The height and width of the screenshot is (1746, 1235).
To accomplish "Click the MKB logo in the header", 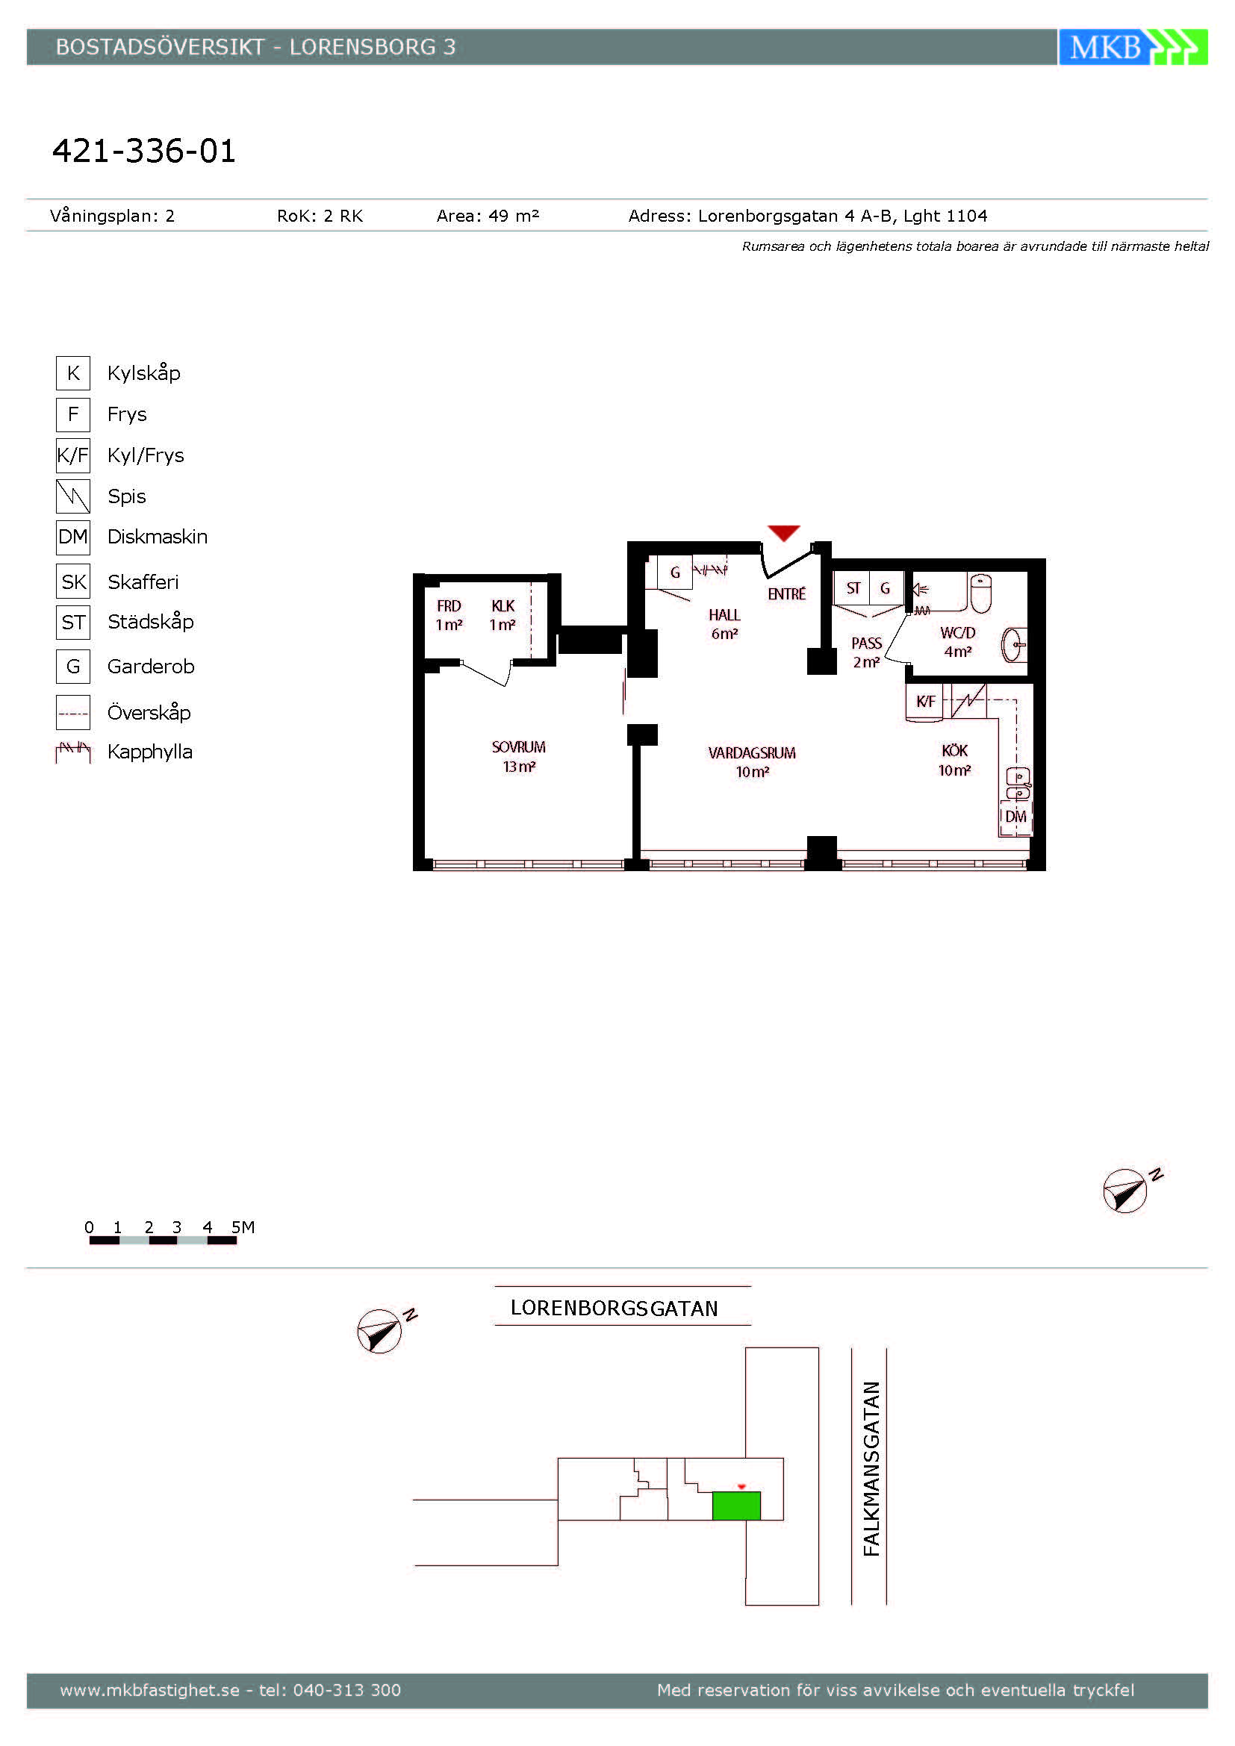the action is pyautogui.click(x=1133, y=47).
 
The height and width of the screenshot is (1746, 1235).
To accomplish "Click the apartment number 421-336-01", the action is pyautogui.click(x=143, y=151).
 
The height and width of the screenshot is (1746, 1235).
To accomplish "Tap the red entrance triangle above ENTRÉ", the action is pyautogui.click(x=783, y=532).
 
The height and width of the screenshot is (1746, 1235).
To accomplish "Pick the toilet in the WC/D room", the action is pyautogui.click(x=981, y=593).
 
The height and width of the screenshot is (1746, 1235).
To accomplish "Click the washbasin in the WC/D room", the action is pyautogui.click(x=1015, y=645).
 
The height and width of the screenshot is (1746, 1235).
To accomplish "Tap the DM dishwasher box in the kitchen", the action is pyautogui.click(x=1015, y=817).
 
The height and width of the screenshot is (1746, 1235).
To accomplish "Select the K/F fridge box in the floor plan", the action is pyautogui.click(x=924, y=701).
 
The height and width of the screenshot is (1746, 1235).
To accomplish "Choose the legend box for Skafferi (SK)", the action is pyautogui.click(x=73, y=582).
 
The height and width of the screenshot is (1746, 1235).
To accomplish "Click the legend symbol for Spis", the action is pyautogui.click(x=73, y=496).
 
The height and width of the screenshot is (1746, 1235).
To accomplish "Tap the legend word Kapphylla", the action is pyautogui.click(x=150, y=752).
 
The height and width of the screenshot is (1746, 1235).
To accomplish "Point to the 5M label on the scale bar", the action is pyautogui.click(x=243, y=1227).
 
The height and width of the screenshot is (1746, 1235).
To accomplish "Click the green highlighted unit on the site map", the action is pyautogui.click(x=736, y=1506).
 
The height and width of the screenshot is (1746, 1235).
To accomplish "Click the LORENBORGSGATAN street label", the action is pyautogui.click(x=615, y=1308).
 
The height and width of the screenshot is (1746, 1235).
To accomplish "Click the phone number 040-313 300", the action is pyautogui.click(x=346, y=1690).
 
